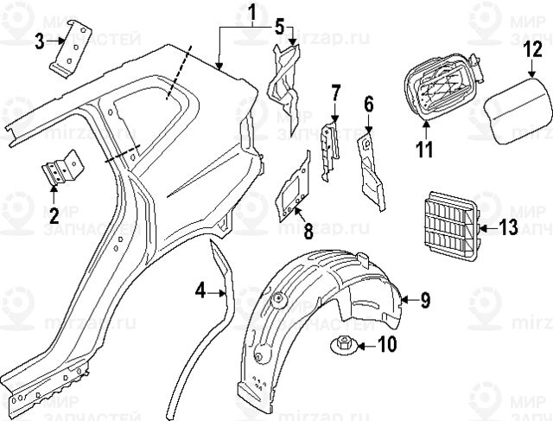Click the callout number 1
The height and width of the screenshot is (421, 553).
coord(251,13)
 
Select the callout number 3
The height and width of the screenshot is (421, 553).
coord(40,41)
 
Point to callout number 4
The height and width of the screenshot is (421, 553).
coord(200,291)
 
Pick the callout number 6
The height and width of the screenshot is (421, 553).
coord(369,105)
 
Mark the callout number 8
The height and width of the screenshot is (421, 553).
coord(308,231)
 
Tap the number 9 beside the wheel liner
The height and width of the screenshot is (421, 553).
coord(424,300)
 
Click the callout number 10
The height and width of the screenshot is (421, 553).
coord(386,346)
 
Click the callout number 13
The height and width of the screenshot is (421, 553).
coord(507,228)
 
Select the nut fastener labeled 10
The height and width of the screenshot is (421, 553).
coord(342,348)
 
